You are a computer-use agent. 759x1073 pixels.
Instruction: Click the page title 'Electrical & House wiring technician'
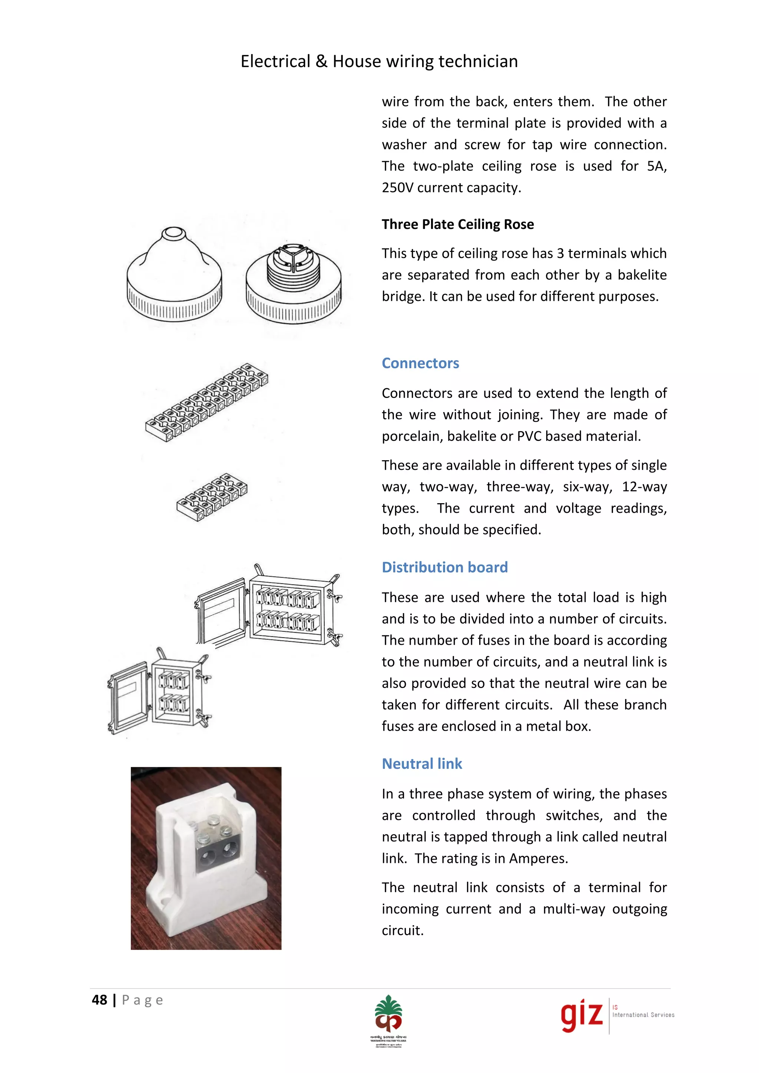tap(379, 61)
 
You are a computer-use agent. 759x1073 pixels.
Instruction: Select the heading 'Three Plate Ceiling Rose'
tap(458, 224)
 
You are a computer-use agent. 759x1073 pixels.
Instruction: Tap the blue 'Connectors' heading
tap(420, 363)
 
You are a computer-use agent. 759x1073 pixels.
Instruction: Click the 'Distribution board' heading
tap(444, 567)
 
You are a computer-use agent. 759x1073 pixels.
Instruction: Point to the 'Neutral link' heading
tap(421, 763)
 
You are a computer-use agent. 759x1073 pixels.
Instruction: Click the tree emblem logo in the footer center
tap(388, 1014)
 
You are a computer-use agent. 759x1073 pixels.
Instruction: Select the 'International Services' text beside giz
tap(643, 1014)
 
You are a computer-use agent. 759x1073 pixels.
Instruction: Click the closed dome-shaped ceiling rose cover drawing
tap(174, 276)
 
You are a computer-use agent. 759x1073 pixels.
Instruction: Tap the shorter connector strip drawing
tap(212, 497)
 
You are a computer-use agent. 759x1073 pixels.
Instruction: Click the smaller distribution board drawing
tap(159, 691)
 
